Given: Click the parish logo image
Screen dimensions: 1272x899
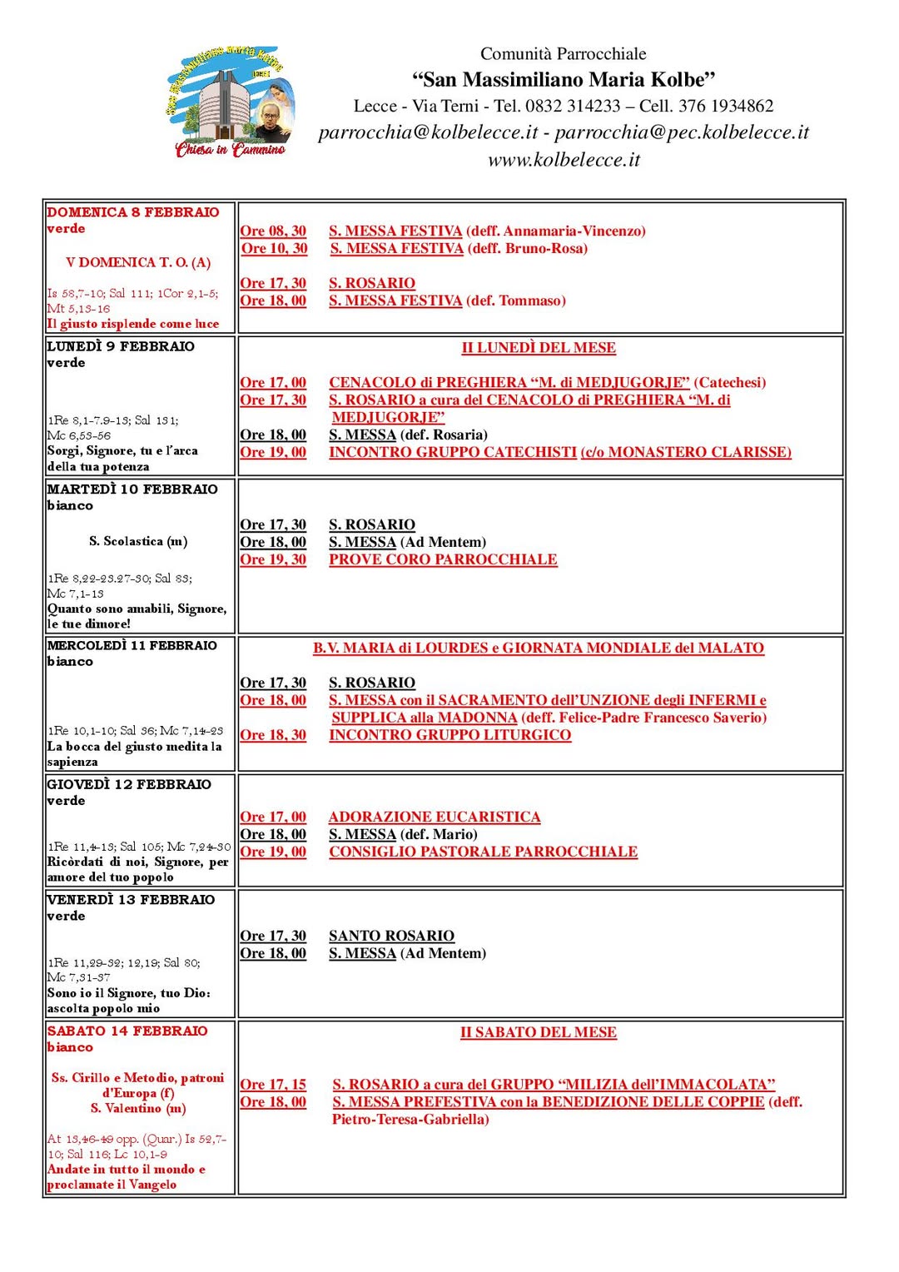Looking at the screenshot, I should (x=230, y=102).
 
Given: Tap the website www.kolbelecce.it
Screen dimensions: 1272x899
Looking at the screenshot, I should (x=564, y=160).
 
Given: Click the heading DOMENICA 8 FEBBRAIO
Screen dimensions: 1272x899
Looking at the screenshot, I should (x=133, y=212).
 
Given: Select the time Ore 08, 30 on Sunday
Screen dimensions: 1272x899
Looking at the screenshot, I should (x=273, y=231).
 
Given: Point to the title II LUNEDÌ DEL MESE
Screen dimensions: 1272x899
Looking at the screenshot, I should (x=539, y=348).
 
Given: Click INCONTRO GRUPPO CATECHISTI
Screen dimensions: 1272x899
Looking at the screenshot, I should (x=452, y=452).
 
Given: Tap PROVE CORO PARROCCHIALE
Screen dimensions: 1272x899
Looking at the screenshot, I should (x=443, y=559).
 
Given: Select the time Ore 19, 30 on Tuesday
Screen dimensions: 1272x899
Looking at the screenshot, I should (x=273, y=559).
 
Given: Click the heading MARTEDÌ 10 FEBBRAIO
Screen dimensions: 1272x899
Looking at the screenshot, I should (x=132, y=489).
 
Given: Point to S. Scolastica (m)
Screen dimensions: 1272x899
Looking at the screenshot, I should (x=138, y=541).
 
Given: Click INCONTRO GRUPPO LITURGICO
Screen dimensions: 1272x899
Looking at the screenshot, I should (x=449, y=735).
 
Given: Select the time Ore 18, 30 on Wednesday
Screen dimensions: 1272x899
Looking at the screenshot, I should (x=273, y=735).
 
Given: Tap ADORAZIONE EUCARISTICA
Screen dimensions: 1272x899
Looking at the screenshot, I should (x=435, y=817).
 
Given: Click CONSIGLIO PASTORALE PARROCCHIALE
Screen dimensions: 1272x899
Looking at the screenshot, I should (x=483, y=852).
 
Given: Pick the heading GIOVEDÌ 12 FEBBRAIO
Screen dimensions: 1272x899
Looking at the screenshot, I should (x=129, y=784).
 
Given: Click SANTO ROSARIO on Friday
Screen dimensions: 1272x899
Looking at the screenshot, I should (x=391, y=936).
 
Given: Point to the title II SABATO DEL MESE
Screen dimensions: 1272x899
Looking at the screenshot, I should (x=539, y=1032).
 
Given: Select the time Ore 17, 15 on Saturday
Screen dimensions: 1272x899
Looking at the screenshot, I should (x=273, y=1085).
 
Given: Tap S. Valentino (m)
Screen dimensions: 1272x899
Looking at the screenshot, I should (x=138, y=1109).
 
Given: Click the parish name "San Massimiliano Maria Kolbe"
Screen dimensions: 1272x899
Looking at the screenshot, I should (x=564, y=80).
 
